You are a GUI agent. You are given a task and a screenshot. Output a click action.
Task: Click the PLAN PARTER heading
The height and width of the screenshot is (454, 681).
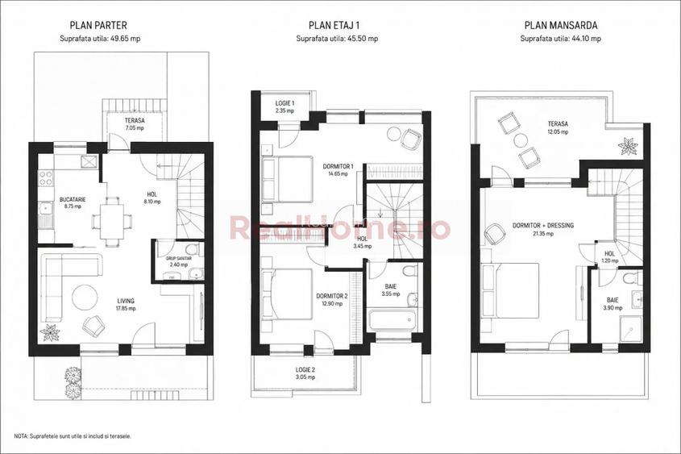[98, 26]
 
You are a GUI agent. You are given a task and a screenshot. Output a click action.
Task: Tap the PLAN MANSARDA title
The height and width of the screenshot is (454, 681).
[561, 26]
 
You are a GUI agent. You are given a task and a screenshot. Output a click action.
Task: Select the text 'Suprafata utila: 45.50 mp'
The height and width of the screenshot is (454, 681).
[337, 38]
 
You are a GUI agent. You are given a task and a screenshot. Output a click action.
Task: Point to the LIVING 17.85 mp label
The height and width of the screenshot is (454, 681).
[126, 305]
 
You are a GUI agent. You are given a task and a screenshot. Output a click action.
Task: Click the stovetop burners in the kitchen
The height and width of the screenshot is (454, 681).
[46, 177]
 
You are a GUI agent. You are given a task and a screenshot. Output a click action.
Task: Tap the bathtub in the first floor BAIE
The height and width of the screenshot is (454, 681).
[392, 320]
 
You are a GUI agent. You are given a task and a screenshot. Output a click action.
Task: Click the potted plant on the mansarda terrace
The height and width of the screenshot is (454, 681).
[629, 146]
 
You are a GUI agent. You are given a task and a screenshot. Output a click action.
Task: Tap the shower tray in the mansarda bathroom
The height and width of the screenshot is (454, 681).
[630, 328]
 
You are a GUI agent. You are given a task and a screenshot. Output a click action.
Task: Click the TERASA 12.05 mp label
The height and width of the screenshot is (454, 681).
[558, 127]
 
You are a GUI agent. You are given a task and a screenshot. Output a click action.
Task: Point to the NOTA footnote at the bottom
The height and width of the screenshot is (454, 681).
[73, 435]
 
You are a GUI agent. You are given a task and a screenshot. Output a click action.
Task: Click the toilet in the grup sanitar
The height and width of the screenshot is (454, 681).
[191, 249]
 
